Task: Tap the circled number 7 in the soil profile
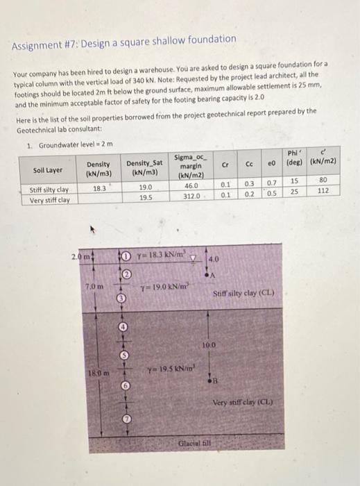pyautogui.click(x=126, y=419)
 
